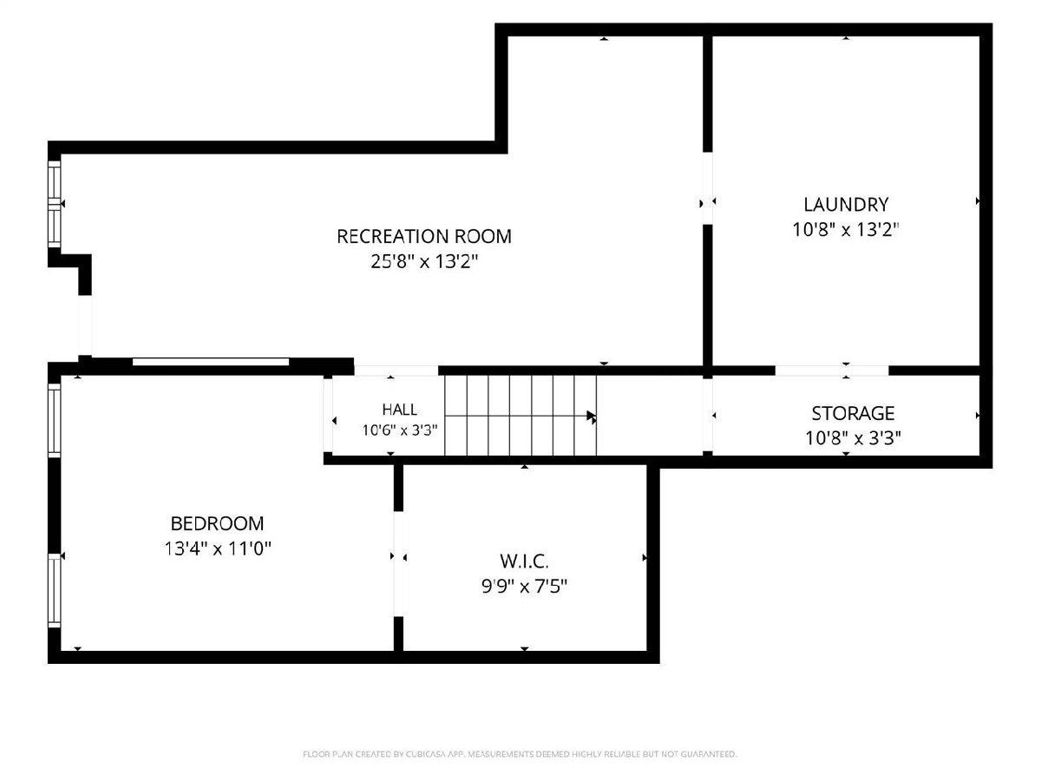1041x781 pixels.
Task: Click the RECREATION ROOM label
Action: point(424,236)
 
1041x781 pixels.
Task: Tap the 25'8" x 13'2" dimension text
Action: point(424,261)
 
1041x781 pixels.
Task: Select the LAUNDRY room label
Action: point(846,205)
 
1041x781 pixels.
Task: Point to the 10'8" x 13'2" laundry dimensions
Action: point(846,229)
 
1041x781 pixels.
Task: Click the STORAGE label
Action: point(853,413)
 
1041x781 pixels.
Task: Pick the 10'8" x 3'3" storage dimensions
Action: point(853,437)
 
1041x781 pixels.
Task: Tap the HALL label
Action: point(400,410)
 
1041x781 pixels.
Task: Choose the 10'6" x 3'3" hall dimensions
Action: point(400,430)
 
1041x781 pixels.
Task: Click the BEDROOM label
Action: point(217,523)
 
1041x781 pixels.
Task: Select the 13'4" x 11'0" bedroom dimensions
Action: point(218,548)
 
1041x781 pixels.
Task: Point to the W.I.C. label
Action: point(524,561)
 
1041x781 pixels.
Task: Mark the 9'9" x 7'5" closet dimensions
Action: point(524,587)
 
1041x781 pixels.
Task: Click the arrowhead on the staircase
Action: point(592,417)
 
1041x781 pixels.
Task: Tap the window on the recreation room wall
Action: point(55,204)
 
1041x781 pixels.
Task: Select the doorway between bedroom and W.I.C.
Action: point(399,564)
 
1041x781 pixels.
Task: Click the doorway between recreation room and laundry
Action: point(707,187)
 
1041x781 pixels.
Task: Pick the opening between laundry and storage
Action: point(832,371)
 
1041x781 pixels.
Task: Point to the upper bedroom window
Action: point(55,420)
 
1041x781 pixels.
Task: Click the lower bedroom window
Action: point(55,591)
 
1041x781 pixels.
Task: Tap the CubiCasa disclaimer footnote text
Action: point(520,754)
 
